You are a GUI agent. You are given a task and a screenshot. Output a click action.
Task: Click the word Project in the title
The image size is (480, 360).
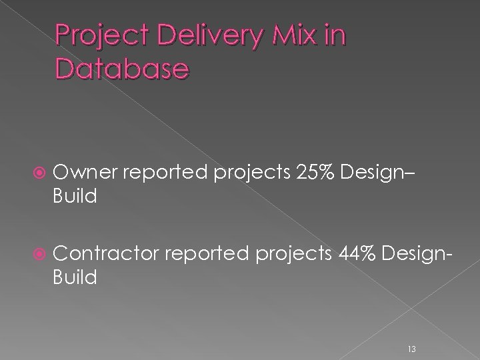pyautogui.click(x=96, y=37)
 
